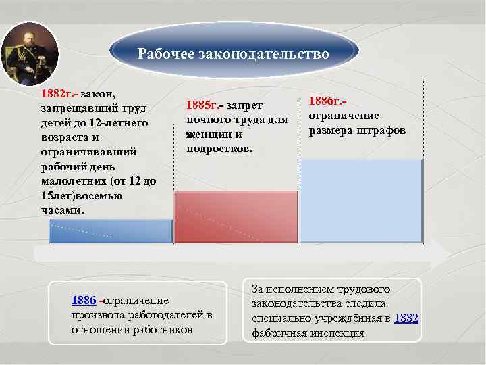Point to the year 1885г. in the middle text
pyautogui.click(x=201, y=105)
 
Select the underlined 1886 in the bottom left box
pyautogui.click(x=84, y=300)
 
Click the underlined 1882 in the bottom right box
pyautogui.click(x=406, y=317)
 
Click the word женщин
pyautogui.click(x=209, y=133)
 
